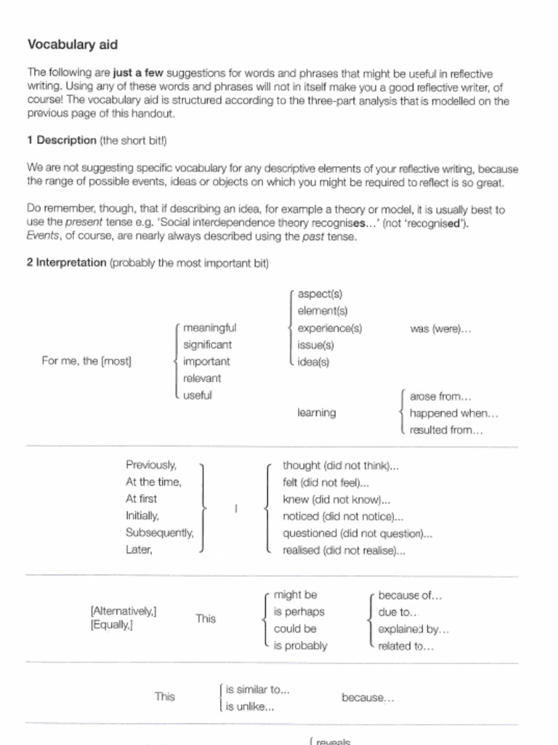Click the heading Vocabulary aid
point(73,44)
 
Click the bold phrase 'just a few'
point(139,73)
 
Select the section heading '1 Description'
point(62,140)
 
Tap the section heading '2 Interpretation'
point(67,263)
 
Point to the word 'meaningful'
point(209,327)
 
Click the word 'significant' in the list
point(207,345)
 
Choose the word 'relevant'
point(202,378)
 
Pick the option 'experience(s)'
point(330,328)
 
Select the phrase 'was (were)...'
point(440,329)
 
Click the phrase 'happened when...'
point(454,413)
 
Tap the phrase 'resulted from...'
point(446,430)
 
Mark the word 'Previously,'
point(151,465)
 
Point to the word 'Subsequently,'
point(160,533)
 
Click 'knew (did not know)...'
point(337,500)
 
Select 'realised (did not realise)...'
point(344,551)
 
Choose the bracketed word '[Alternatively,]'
point(124,611)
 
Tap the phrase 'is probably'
point(300,645)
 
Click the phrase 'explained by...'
point(413,629)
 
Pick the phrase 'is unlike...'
point(250,706)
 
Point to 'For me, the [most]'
point(86,362)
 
